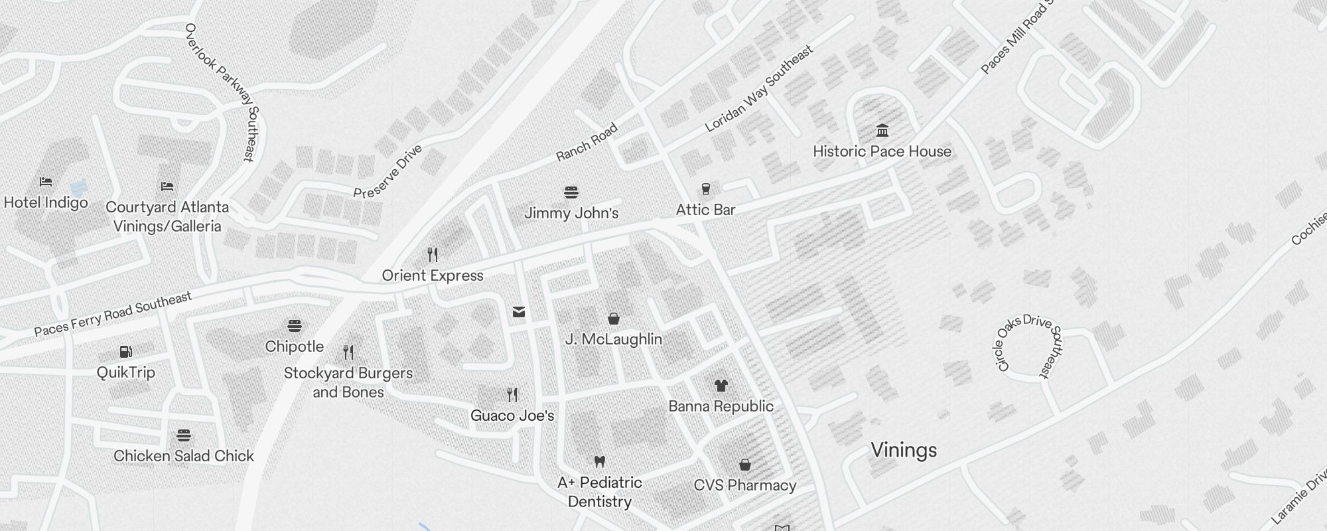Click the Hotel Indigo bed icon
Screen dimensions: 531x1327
(46, 181)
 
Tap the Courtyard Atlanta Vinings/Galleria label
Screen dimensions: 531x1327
(167, 216)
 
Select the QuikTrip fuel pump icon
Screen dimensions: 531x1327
(125, 351)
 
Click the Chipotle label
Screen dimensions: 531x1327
(295, 346)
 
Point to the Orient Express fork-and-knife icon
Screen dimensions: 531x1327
(433, 254)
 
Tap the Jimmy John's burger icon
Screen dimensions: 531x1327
(571, 192)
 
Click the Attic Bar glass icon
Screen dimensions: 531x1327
(706, 189)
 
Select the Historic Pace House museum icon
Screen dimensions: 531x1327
(882, 130)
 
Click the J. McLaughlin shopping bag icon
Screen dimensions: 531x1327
(614, 319)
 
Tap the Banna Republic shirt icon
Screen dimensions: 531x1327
(721, 385)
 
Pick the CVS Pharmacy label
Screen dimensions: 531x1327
(745, 485)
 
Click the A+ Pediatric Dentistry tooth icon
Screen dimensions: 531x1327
(600, 461)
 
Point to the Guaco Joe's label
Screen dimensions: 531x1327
(512, 416)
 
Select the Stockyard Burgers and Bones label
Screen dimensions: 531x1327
(348, 382)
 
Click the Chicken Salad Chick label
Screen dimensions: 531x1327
(184, 456)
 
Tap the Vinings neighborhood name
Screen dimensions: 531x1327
(904, 450)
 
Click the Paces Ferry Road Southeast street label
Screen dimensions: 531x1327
(113, 314)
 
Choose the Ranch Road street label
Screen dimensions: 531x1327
(587, 142)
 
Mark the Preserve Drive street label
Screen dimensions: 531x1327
(387, 173)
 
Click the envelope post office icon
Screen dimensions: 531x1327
(519, 312)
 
